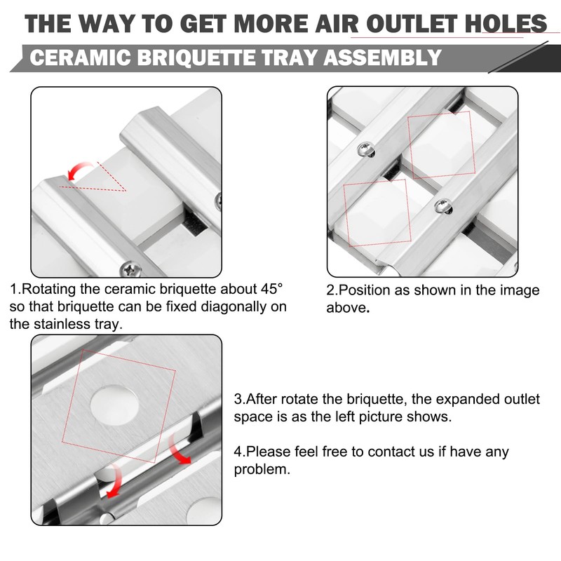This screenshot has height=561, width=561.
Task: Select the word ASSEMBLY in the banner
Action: pyautogui.click(x=382, y=58)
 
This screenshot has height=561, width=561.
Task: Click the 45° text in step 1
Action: pyautogui.click(x=271, y=289)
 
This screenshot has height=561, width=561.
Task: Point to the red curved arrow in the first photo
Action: pyautogui.click(x=78, y=170)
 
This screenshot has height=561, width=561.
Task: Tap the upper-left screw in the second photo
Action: pyautogui.click(x=366, y=149)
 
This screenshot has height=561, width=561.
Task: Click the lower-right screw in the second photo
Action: pyautogui.click(x=443, y=206)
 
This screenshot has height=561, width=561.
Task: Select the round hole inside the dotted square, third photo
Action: pyautogui.click(x=114, y=405)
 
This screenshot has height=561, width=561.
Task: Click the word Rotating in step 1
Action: pyautogui.click(x=50, y=290)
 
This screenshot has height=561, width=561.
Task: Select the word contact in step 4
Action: pyautogui.click(x=393, y=452)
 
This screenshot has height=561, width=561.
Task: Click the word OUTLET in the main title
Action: pyautogui.click(x=412, y=24)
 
